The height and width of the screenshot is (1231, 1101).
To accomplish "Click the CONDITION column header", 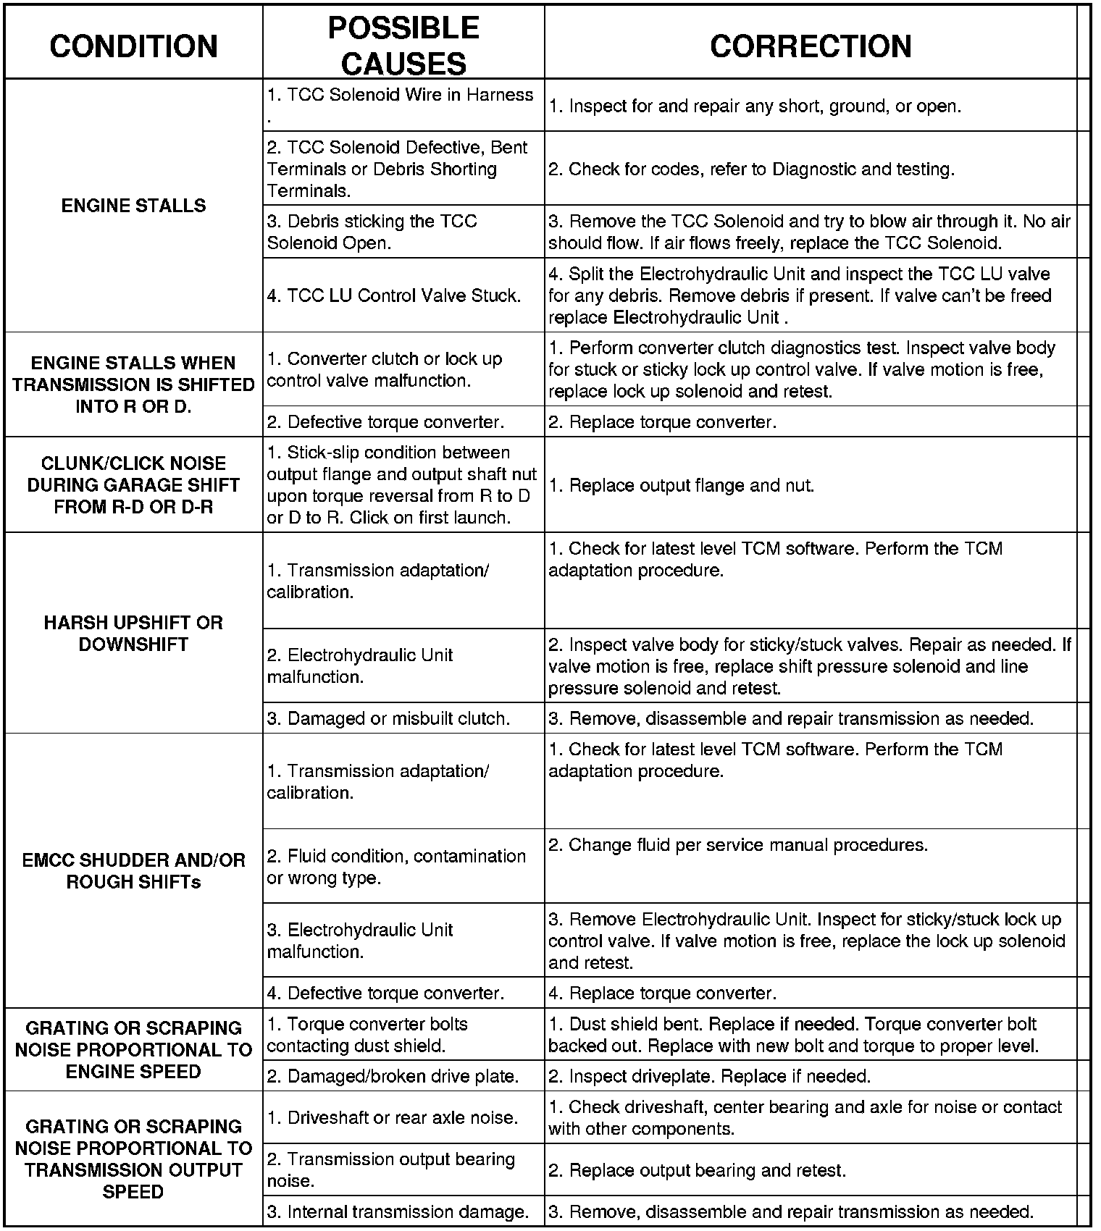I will tap(134, 46).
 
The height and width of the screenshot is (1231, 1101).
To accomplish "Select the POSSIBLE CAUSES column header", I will tap(403, 46).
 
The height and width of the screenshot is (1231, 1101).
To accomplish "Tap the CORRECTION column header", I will tap(811, 46).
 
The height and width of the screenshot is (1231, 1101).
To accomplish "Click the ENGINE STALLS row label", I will tap(134, 206).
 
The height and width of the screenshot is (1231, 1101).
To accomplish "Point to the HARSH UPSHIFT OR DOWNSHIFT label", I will tap(134, 634).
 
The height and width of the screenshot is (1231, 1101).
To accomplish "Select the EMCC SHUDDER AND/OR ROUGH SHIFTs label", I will tap(134, 871).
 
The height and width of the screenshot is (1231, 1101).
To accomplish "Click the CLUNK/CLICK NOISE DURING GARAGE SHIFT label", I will tap(134, 485).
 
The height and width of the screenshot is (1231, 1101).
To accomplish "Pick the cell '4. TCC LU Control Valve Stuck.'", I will tap(394, 295).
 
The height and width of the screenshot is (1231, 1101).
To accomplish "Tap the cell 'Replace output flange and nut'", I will tap(682, 485).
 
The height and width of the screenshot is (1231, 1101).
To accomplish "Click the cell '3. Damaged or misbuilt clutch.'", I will tap(389, 718).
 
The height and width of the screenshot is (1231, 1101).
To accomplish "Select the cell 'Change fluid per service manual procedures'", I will tap(738, 845).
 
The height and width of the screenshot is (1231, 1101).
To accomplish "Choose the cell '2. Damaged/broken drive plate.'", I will tap(393, 1077).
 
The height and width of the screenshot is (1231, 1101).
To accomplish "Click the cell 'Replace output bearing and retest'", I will tap(698, 1170).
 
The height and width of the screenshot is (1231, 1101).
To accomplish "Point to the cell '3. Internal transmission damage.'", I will tap(398, 1212).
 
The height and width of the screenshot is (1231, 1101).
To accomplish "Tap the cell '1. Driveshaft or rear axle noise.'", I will tap(393, 1118).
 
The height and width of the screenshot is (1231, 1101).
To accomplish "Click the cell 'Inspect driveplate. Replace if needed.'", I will tap(710, 1077).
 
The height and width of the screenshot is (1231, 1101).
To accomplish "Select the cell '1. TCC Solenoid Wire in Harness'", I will tap(401, 96).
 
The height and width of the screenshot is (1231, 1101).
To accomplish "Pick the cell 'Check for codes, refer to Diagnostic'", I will tap(752, 169).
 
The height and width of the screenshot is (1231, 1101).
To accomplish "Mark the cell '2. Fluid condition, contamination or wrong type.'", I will tap(397, 867).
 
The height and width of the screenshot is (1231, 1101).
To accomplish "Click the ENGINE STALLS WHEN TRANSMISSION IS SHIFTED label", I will tap(134, 385).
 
